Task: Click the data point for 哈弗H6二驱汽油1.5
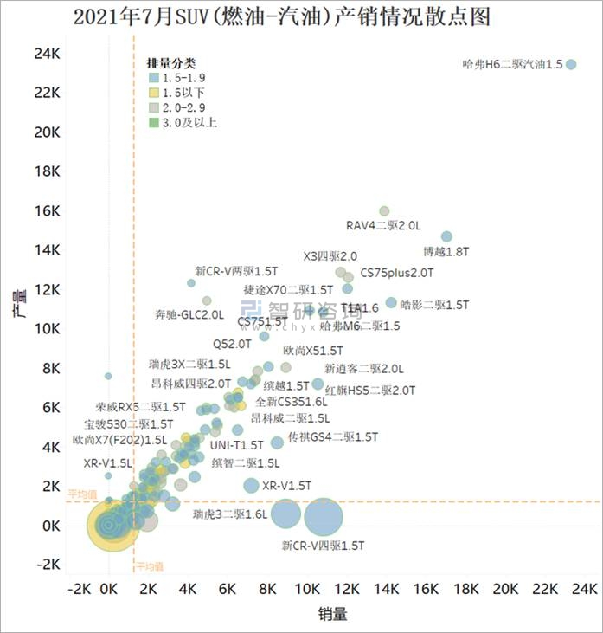pos(571,64)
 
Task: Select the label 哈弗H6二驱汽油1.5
pos(512,64)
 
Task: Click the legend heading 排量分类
pos(171,63)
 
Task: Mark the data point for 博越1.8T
pos(446,236)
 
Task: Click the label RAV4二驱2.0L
pos(383,225)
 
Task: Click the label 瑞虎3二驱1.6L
pos(229,514)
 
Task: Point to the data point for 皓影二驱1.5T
pos(391,303)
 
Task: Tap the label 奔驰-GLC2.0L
pos(189,313)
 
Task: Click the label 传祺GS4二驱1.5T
pos(333,437)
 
